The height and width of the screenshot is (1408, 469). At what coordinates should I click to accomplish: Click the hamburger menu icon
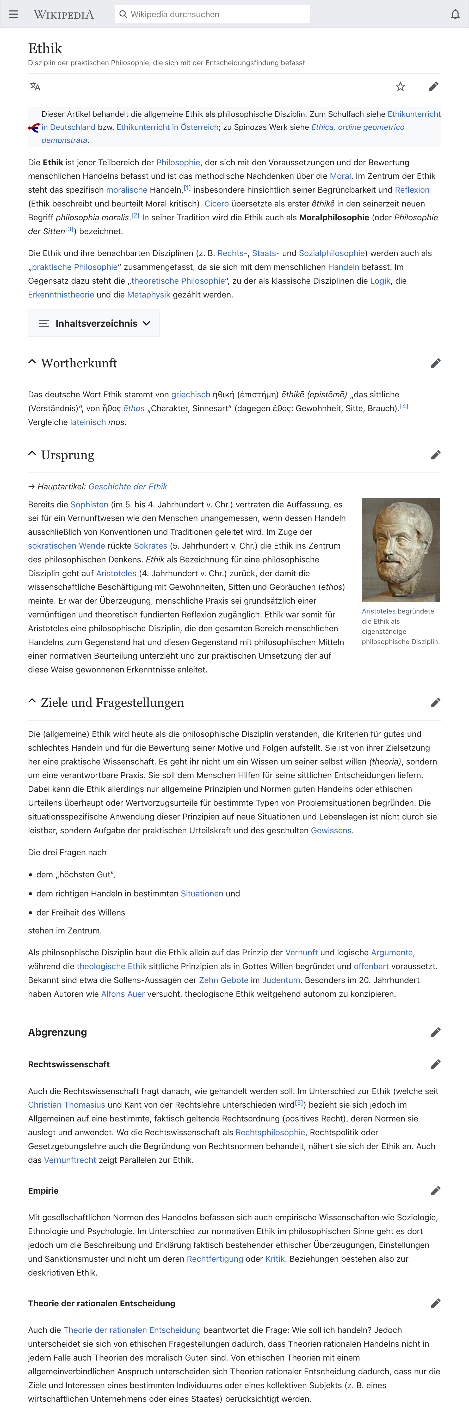click(14, 14)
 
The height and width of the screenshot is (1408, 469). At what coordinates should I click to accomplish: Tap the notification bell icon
click(455, 14)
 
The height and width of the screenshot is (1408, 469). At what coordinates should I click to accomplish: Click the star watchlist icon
click(400, 86)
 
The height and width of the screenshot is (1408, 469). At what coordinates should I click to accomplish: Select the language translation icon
click(35, 86)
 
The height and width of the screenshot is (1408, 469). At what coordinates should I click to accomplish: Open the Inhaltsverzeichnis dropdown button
click(94, 323)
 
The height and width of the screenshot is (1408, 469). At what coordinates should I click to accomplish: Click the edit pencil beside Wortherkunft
click(435, 363)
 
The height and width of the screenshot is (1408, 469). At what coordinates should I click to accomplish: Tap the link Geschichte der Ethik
click(128, 487)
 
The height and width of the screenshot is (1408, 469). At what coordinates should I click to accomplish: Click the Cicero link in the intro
click(217, 203)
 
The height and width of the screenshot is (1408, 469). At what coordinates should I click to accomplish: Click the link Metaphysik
click(149, 295)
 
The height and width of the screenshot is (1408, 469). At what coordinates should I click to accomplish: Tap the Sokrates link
click(151, 545)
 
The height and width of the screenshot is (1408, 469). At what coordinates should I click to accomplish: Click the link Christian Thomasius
click(67, 1105)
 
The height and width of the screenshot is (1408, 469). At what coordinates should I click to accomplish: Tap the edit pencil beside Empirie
click(435, 1191)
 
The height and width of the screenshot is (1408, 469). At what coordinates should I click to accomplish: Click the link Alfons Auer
click(123, 994)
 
